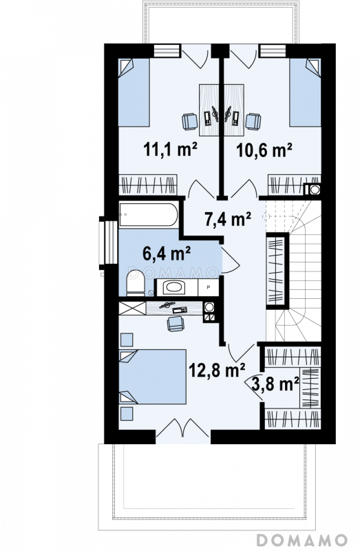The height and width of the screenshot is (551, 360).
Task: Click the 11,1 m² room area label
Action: click(x=170, y=149)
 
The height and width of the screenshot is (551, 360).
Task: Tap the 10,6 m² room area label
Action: click(x=264, y=150)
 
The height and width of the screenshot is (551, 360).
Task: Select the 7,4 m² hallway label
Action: click(x=228, y=219)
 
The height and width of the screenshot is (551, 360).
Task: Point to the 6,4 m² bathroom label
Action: click(x=167, y=253)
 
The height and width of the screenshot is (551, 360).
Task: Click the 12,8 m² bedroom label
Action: click(x=217, y=370)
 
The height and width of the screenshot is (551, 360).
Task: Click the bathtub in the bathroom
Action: click(x=149, y=214)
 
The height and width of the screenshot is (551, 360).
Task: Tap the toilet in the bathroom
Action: click(x=136, y=282)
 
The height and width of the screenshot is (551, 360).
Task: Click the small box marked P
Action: click(x=209, y=287)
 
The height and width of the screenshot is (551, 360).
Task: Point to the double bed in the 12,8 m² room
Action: click(x=152, y=376)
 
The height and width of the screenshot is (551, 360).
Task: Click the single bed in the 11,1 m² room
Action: click(x=134, y=92)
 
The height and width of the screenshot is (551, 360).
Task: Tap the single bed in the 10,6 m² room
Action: click(x=305, y=92)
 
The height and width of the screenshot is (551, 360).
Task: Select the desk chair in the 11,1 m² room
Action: click(x=190, y=121)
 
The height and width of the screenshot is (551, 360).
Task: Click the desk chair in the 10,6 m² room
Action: click(x=253, y=121)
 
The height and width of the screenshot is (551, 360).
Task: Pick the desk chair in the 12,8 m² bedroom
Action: click(x=176, y=324)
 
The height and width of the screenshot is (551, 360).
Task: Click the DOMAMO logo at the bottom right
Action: click(x=301, y=539)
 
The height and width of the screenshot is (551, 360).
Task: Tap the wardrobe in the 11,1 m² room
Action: click(x=147, y=185)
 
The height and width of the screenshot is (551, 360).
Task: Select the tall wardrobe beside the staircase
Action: click(x=277, y=271)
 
